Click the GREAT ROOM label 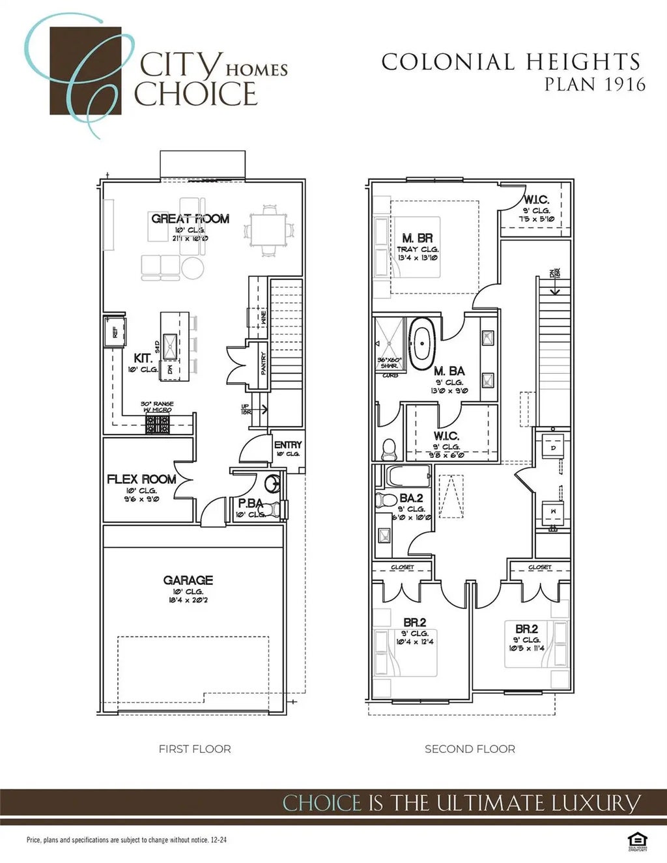190,219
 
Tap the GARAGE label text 188,580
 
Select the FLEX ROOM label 141,479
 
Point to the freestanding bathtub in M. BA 422,343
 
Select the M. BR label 418,238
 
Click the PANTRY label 263,363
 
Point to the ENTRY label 288,445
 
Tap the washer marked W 553,512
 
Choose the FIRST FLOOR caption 195,749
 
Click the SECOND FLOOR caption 470,749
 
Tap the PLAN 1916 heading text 595,84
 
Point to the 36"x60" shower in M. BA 390,343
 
